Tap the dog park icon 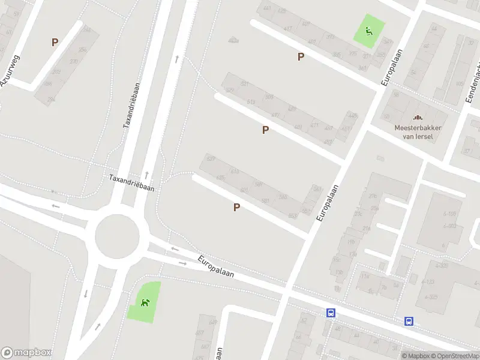click(x=145, y=302)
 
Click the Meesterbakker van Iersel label click(x=414, y=131)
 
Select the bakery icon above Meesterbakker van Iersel click(x=415, y=118)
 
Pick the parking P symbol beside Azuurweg click(x=55, y=42)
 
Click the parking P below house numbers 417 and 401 click(x=301, y=56)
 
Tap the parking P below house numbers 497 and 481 click(x=265, y=130)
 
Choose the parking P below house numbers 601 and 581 click(x=236, y=207)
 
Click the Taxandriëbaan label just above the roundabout click(x=131, y=182)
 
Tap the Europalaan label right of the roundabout click(x=215, y=266)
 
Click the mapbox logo click(x=26, y=353)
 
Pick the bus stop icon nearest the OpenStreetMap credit click(x=409, y=321)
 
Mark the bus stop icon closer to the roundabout click(x=330, y=313)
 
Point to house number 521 click(x=244, y=84)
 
